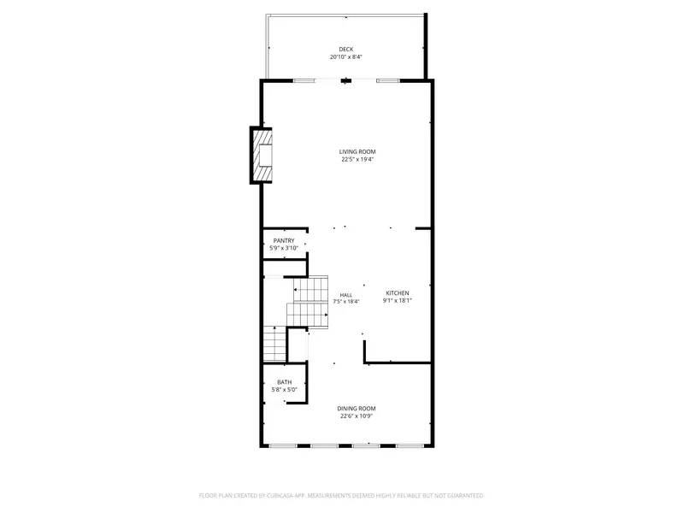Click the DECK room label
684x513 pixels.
345,49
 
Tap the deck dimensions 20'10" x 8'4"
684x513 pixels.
345,57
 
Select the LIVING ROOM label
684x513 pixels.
357,151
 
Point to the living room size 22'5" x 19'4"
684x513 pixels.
357,160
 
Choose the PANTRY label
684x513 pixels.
284,241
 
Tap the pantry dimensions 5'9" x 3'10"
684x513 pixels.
284,249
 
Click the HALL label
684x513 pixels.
345,295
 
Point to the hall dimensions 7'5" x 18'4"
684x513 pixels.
345,302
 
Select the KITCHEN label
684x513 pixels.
397,292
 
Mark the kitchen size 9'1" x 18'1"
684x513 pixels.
397,300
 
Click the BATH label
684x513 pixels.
284,382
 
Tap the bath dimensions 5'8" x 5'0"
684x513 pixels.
284,390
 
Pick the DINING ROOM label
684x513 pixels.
357,409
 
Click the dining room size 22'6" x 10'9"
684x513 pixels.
357,416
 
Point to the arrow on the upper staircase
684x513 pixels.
298,291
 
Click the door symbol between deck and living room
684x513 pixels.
345,81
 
